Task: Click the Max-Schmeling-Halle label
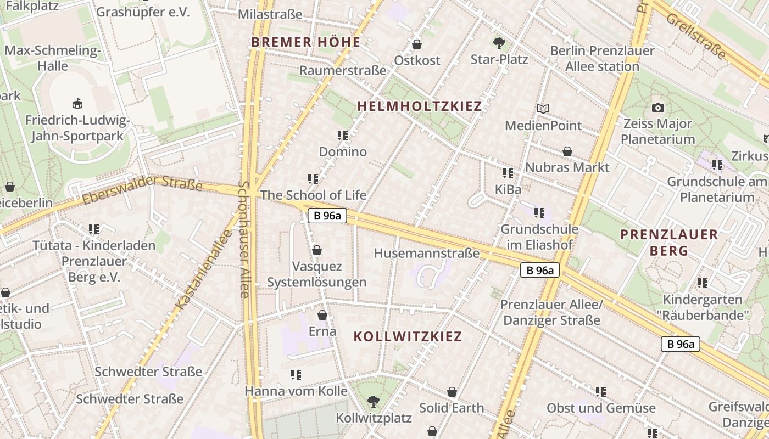[53, 58]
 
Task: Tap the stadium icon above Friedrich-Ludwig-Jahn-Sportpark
[77, 103]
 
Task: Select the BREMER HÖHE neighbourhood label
[306, 42]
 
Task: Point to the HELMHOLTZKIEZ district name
[420, 106]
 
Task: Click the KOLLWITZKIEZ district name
[408, 336]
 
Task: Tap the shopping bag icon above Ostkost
[417, 44]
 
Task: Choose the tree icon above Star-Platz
[499, 43]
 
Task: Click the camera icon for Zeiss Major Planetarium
[657, 108]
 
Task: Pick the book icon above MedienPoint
[543, 109]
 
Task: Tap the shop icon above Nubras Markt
[567, 151]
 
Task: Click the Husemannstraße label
[427, 254]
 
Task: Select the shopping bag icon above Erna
[322, 316]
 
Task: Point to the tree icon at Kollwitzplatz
[374, 402]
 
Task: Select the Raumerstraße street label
[343, 71]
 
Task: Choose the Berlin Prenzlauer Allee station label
[603, 59]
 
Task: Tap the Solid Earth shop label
[452, 408]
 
